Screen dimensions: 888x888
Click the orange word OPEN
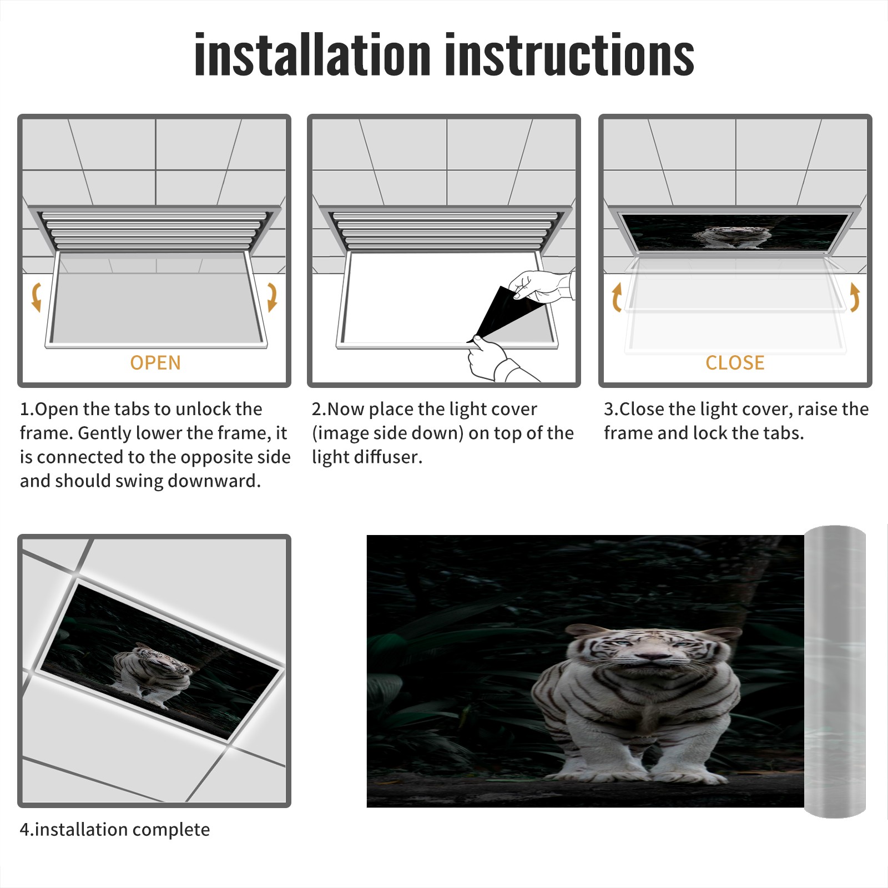click(x=155, y=362)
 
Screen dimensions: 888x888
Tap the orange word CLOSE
click(x=735, y=362)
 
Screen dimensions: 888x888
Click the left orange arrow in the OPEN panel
click(x=37, y=297)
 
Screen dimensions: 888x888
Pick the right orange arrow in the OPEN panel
click(x=272, y=297)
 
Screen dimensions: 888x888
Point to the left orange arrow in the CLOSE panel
click(x=616, y=297)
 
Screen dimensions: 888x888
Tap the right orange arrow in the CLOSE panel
click(x=855, y=297)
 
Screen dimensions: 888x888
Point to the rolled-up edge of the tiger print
click(x=835, y=671)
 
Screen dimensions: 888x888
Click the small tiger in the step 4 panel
click(x=150, y=675)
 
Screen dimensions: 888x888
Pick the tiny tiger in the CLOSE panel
click(x=731, y=236)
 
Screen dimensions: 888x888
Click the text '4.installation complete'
click(x=115, y=830)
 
